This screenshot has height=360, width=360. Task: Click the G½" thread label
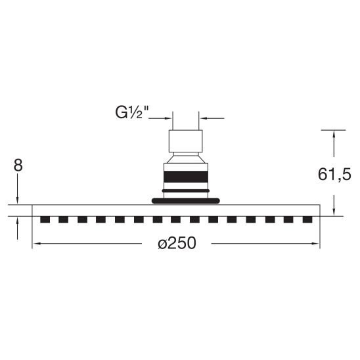132,113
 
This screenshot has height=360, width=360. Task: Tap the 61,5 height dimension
334,175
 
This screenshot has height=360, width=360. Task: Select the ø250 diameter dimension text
177,243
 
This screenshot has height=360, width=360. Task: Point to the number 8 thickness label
18,165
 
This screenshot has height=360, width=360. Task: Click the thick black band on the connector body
186,177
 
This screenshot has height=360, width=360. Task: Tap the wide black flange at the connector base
186,200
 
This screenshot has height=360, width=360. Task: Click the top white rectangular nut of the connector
186,141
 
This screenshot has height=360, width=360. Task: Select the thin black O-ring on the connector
186,191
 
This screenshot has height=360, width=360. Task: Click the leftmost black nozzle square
45,219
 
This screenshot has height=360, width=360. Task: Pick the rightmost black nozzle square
307,219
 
